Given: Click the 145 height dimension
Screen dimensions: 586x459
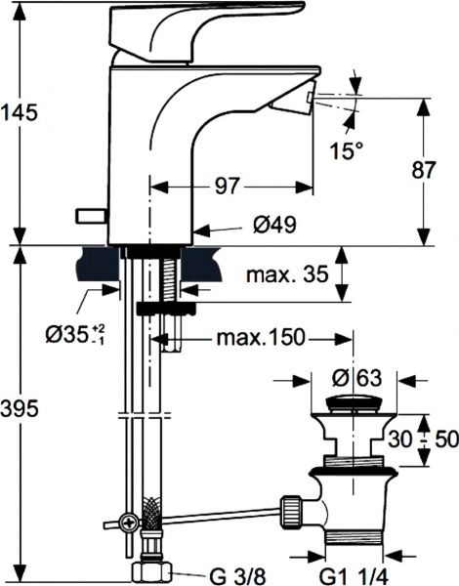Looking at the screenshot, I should (x=21, y=111).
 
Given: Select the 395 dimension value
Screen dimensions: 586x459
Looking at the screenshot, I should (x=21, y=408).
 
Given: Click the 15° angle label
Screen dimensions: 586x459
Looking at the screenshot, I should (x=345, y=151).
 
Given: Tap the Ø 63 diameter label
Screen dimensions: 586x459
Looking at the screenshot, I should (x=355, y=379).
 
